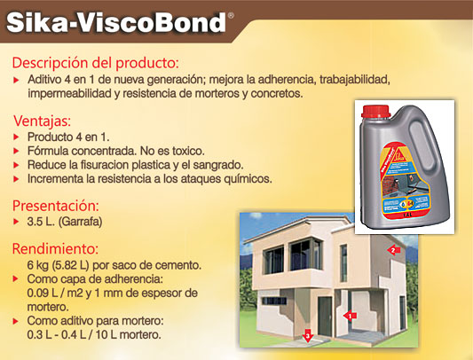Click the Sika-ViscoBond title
[x=116, y=23]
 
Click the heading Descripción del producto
[x=96, y=63]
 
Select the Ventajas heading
[x=43, y=121]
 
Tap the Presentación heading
[x=56, y=206]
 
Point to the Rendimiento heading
[x=56, y=249]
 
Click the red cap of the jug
[x=376, y=111]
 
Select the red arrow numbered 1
[x=350, y=316]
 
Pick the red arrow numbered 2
[x=393, y=250]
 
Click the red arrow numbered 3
[x=307, y=336]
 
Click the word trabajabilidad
[x=355, y=80]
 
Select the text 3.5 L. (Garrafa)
[x=65, y=222]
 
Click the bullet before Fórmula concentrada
[x=16, y=151]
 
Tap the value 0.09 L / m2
[x=55, y=293]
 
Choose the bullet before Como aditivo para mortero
[x=16, y=321]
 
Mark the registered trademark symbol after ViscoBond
[x=231, y=15]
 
